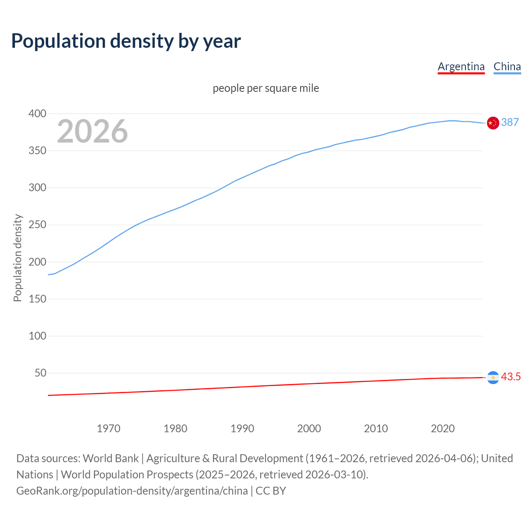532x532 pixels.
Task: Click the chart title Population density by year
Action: click(x=126, y=41)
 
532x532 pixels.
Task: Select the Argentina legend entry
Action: click(x=461, y=66)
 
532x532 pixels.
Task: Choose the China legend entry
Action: click(x=507, y=66)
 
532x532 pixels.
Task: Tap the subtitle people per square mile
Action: click(x=266, y=88)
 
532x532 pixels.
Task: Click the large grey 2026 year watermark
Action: click(x=92, y=131)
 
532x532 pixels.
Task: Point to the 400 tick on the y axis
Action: click(x=37, y=113)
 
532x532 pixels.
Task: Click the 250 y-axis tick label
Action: click(x=37, y=225)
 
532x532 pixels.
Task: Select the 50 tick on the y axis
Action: click(x=40, y=373)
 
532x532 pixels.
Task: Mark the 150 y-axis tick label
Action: click(x=37, y=299)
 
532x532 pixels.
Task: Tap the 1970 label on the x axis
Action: click(x=108, y=429)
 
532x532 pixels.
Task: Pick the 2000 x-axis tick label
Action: click(x=309, y=429)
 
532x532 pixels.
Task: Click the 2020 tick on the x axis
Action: click(x=443, y=429)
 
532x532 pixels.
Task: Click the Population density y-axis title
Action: click(x=17, y=258)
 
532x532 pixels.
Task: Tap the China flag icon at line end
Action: click(x=493, y=123)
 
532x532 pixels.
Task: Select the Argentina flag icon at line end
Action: click(x=493, y=377)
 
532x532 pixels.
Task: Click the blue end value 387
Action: click(x=510, y=122)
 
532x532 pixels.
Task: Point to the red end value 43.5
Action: click(x=511, y=377)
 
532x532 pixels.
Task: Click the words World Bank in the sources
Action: click(x=111, y=458)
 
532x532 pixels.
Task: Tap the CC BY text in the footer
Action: click(x=271, y=491)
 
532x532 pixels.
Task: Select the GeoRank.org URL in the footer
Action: click(x=132, y=491)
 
